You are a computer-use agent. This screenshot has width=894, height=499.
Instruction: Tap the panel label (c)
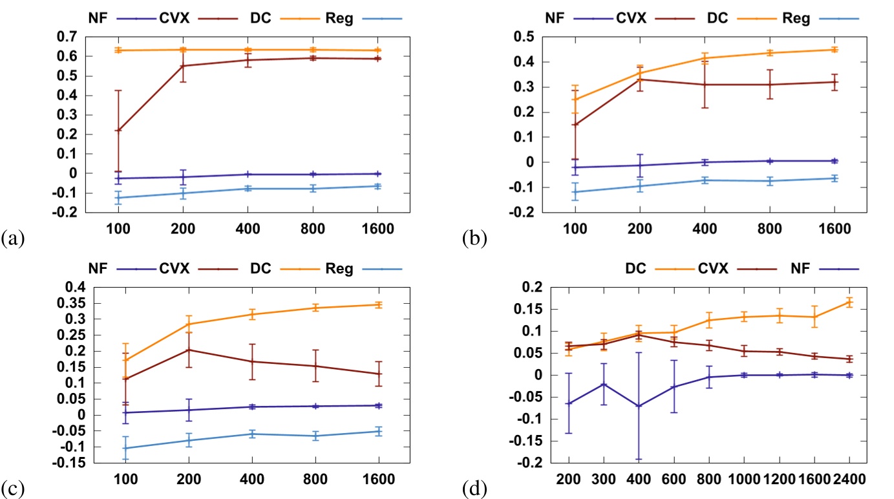13,485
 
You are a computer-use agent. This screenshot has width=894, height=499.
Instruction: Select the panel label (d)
474,485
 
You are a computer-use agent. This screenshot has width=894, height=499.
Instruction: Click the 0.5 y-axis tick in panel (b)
529,37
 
